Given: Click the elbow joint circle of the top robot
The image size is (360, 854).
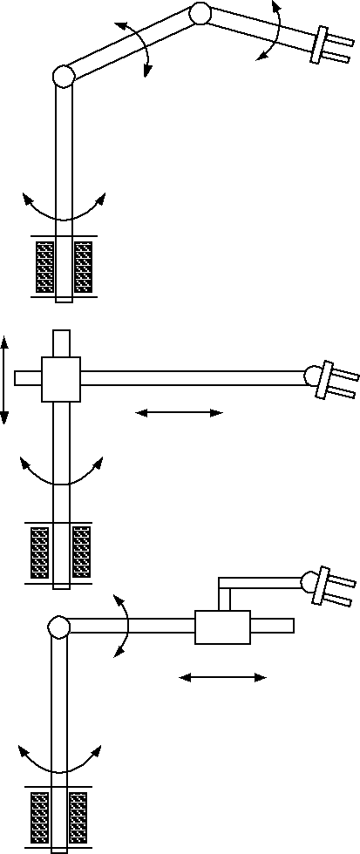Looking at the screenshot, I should [200, 13].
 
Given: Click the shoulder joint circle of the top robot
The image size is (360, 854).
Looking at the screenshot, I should [63, 77].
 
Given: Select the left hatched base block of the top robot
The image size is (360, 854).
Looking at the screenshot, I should [44, 267].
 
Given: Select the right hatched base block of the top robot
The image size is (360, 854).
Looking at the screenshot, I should [83, 267].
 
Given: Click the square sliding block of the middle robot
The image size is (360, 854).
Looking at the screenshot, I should [61, 378].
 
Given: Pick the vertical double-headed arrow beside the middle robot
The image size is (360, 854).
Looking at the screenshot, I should [4, 380].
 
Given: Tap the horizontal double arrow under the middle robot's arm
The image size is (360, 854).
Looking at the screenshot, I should [180, 413].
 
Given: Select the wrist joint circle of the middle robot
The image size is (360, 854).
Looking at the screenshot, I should [312, 375].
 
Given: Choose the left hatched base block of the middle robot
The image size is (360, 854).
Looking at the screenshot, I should [39, 552].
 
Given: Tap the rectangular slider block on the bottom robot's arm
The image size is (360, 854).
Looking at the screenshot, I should [222, 627].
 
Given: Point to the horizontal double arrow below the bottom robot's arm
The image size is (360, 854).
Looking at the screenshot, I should [222, 677].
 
